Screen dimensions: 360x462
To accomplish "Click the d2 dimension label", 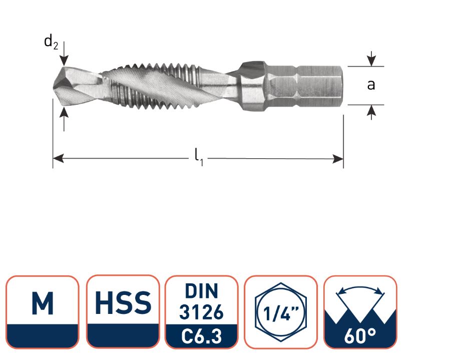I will coord(51,42).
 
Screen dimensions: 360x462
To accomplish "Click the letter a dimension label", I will coord(371,85).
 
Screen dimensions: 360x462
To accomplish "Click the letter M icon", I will coord(43,304).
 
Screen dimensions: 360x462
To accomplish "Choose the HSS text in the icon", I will coord(123,303).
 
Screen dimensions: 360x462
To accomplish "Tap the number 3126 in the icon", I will coord(201,312).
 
